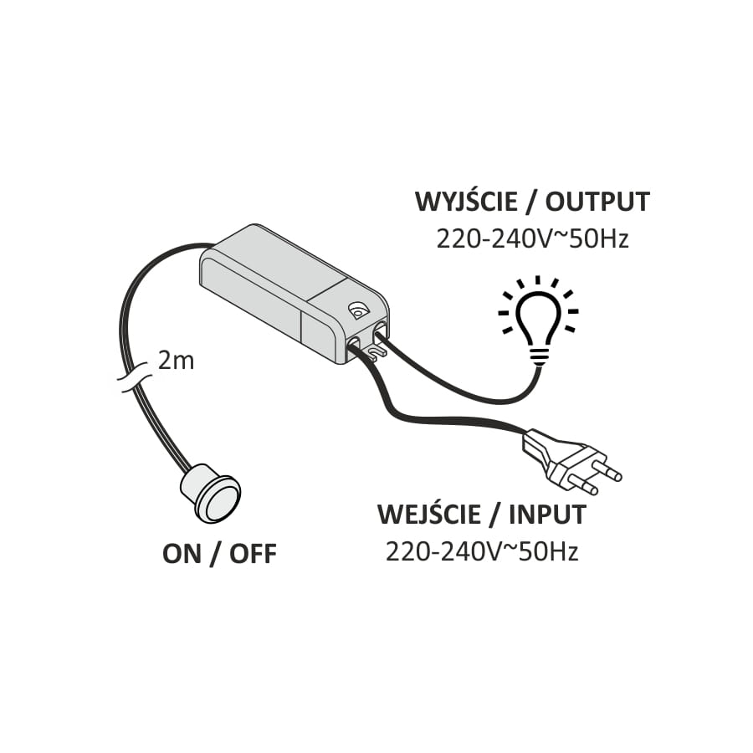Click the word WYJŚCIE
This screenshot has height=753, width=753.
(466, 202)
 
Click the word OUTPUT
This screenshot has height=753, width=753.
(597, 202)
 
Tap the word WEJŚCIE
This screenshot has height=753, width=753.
(428, 514)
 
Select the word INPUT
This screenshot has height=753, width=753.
(547, 515)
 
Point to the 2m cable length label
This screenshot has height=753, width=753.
(176, 361)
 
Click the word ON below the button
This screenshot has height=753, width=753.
(182, 554)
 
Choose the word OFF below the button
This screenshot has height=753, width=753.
(253, 554)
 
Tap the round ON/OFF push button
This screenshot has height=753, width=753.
(212, 492)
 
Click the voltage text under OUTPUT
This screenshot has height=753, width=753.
(532, 239)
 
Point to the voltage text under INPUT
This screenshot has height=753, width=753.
(482, 552)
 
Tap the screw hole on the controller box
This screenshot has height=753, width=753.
(358, 310)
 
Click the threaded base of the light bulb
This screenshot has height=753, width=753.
(538, 356)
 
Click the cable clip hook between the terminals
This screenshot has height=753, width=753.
(375, 353)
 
